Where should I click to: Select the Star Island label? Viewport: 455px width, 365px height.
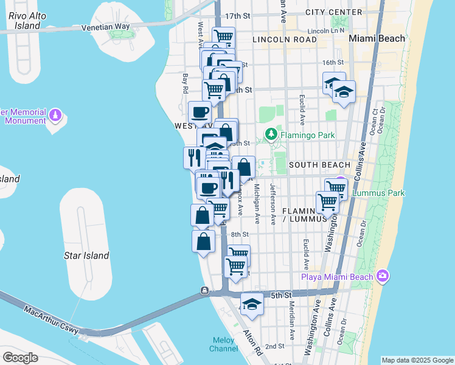[x=86, y=255]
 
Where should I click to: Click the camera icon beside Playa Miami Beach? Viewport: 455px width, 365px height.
[x=382, y=276]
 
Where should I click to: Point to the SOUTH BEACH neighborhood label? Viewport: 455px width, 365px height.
[x=319, y=165]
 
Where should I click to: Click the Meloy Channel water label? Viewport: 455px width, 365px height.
[x=224, y=344]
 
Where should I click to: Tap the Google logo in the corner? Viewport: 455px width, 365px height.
[x=20, y=358]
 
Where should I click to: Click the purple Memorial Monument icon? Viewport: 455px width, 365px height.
[x=55, y=114]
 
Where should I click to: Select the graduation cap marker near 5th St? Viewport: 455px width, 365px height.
[x=252, y=304]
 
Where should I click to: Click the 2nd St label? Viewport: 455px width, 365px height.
[x=274, y=346]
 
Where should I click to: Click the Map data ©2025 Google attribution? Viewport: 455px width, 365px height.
[x=417, y=360]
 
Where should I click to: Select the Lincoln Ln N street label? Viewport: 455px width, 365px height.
[x=326, y=30]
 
